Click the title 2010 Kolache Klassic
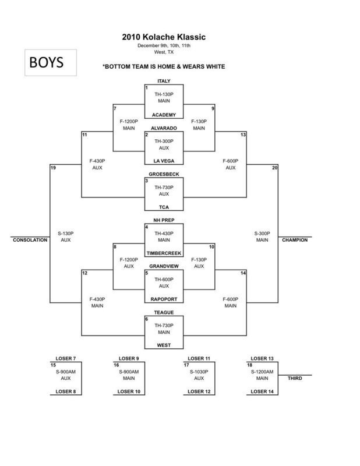pos(164,37)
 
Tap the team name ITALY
pos(164,81)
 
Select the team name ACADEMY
pos(164,115)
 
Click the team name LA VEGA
pos(164,160)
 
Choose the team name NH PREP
pos(164,220)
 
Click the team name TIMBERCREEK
pos(164,254)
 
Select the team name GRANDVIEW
pos(164,265)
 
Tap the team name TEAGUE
pos(164,312)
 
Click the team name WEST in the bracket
pos(164,346)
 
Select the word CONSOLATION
pos(30,239)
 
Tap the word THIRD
pos(295,378)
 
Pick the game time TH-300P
pos(164,141)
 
